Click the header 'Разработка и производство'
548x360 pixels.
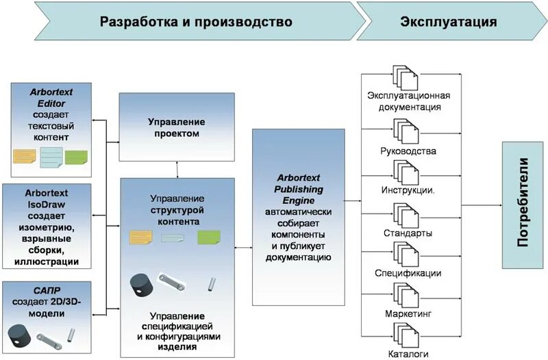point(196,22)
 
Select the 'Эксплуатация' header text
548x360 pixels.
point(448,22)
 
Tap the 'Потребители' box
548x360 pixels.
point(523,205)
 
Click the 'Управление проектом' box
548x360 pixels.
point(177,127)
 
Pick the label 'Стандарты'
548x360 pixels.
point(408,233)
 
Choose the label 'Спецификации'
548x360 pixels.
point(408,273)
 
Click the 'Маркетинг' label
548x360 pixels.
point(408,313)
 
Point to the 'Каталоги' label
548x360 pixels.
point(408,354)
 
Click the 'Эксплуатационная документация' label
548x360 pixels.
point(408,101)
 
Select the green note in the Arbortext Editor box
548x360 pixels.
point(77,157)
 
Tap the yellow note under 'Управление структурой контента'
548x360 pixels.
point(142,238)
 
